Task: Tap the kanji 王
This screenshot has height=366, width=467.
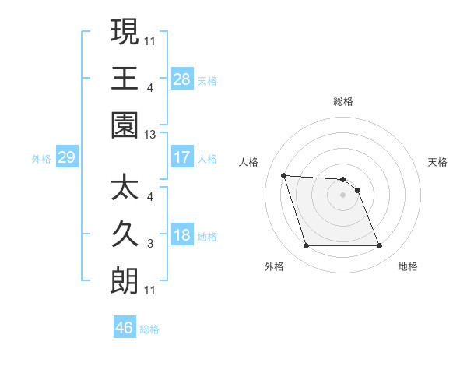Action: point(125,78)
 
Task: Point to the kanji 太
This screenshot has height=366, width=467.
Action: point(125,188)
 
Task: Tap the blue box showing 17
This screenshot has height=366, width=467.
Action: point(182,157)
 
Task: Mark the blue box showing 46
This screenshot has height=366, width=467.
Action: point(125,328)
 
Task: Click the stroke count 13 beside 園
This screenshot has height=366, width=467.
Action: point(151,135)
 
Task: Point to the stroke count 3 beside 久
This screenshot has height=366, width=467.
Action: point(150,245)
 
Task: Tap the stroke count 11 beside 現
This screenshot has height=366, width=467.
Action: point(151,40)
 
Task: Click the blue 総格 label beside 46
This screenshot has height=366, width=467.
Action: point(149,329)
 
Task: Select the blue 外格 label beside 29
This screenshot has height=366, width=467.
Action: point(41,159)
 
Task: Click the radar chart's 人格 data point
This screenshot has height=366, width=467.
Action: point(284,175)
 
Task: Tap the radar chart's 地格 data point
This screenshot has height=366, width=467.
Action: point(379,246)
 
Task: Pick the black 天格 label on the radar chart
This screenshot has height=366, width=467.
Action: point(438,162)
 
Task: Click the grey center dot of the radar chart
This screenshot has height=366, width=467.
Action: point(342,195)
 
